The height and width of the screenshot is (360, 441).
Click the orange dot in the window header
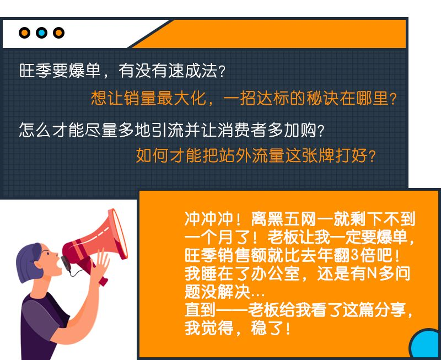coord(24,33)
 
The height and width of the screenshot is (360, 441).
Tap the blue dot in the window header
coord(41,33)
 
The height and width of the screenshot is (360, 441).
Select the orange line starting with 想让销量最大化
coord(244,99)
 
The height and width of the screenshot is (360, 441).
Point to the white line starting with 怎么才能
coord(171,130)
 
